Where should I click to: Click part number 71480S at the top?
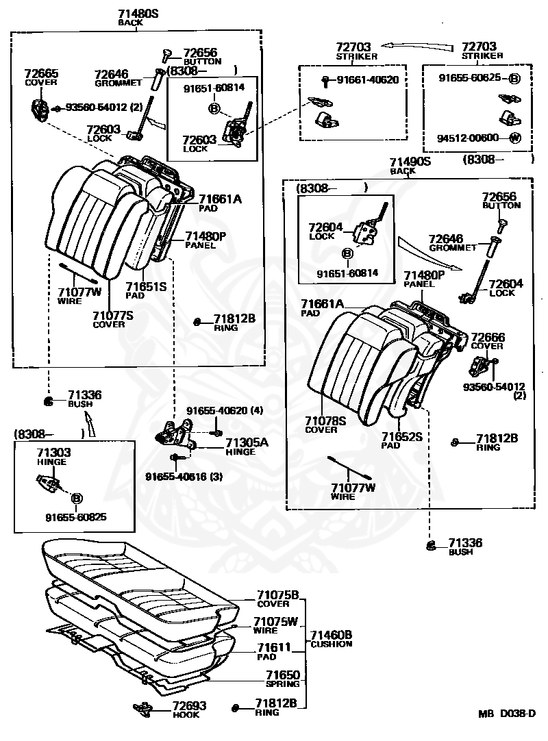pos(138,14)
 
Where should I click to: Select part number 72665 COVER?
pos(41,77)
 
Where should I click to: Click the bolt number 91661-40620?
pos(367,80)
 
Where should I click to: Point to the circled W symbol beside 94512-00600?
pos(515,138)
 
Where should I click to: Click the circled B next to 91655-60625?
pos(514,79)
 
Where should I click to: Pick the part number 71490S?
pos(410,162)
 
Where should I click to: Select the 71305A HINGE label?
pos(247,447)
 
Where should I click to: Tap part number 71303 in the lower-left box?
pos(54,453)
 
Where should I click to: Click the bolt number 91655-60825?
pos(75,517)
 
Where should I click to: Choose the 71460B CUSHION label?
pos(331,639)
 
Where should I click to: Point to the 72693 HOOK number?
pos(189,705)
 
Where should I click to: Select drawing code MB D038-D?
pos(507,714)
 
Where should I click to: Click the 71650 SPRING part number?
pos(283,675)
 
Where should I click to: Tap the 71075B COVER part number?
pos(278,595)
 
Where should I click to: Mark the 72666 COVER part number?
pos(488,338)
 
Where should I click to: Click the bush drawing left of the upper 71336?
pos(48,402)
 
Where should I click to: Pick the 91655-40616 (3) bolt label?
pos(184,477)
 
